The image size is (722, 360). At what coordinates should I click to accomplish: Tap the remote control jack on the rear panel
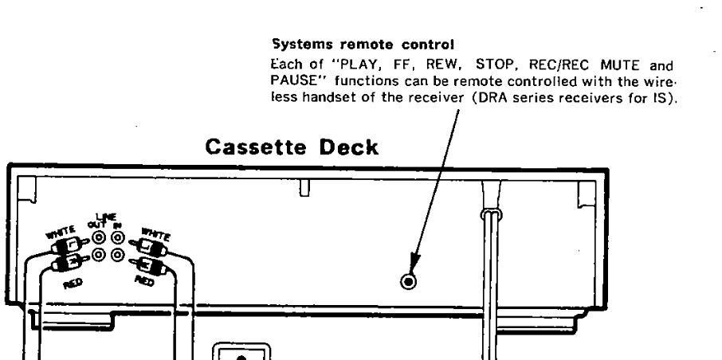tap(409, 282)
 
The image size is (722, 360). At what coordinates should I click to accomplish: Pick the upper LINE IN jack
tap(118, 237)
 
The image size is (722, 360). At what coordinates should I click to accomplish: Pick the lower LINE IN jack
tap(118, 255)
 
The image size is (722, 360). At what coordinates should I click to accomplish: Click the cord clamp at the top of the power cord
tap(489, 215)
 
